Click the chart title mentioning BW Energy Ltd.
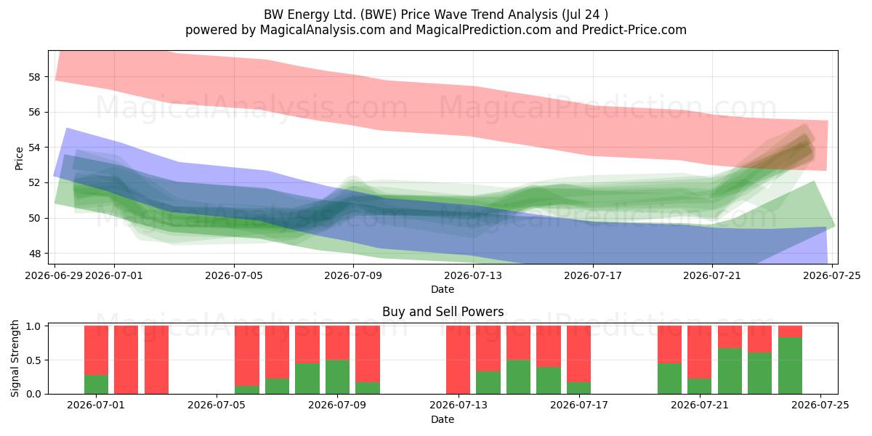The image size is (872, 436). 435,15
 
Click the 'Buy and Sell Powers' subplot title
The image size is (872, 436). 443,312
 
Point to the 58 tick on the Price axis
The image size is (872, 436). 34,77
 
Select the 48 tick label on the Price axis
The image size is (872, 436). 34,254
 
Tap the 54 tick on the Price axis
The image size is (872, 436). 34,148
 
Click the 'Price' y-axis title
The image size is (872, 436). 19,158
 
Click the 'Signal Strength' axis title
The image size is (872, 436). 15,358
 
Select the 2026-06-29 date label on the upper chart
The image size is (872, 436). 54,275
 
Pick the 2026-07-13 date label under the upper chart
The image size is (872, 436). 473,275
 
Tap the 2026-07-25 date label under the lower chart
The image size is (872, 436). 820,405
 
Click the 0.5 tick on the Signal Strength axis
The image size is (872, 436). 34,360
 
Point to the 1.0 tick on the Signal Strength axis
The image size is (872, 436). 34,326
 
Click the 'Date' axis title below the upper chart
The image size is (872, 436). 443,289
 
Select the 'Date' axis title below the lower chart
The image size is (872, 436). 443,419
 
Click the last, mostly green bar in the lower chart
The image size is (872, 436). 791,360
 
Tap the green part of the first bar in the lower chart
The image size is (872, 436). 96,384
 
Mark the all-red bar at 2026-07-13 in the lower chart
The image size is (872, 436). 458,360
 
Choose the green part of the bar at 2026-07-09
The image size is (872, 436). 337,377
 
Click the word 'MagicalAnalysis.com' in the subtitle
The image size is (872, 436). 323,30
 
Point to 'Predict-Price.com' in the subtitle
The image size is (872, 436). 634,30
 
